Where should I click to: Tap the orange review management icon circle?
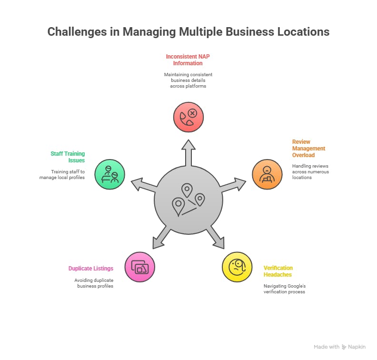tap(267, 174)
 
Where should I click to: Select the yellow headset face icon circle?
tap(237, 267)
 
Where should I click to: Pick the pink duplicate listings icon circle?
tap(140, 267)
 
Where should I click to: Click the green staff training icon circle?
tap(109, 174)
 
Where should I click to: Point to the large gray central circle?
tap(188, 200)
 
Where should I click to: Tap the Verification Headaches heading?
tap(278, 271)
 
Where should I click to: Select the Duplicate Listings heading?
tap(91, 269)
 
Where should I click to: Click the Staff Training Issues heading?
tap(68, 157)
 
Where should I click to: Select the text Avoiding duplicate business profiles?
tap(94, 283)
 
